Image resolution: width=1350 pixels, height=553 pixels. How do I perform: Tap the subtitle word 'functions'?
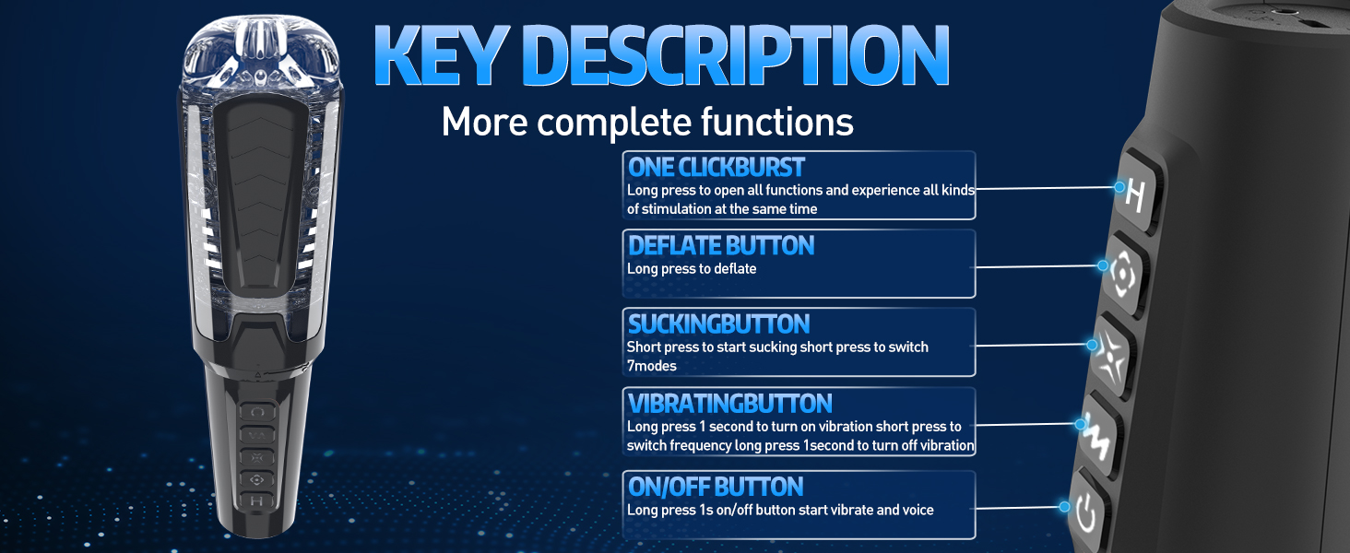[776, 122]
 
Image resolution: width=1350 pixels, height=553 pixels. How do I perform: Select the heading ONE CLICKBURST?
[716, 168]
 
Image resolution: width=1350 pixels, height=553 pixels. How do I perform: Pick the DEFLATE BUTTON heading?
[721, 246]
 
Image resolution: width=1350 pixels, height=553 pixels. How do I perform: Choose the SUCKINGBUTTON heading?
[718, 324]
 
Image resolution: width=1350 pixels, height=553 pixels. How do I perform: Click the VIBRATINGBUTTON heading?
[729, 404]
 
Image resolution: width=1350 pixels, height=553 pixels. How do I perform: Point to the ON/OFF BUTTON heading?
[716, 487]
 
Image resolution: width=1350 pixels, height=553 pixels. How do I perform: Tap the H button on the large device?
[1137, 193]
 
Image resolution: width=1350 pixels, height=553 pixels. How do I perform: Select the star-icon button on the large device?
[1112, 357]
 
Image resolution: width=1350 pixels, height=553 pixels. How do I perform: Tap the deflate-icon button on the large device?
[1125, 275]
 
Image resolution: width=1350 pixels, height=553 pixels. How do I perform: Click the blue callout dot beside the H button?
[1119, 187]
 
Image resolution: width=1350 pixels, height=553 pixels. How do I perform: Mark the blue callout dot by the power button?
[1064, 507]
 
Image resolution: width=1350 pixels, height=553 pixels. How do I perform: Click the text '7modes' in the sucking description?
[652, 366]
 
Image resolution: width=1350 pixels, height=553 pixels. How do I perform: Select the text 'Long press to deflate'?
[692, 269]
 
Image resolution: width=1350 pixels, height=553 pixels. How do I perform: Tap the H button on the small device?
[256, 500]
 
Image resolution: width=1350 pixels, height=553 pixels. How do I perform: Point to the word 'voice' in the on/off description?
[917, 511]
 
